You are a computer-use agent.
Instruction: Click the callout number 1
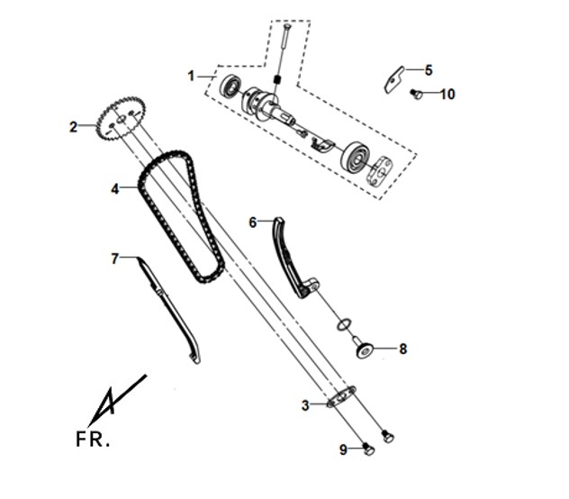[191, 77]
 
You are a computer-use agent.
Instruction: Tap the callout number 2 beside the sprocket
[73, 127]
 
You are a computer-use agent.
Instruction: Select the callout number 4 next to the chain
[114, 189]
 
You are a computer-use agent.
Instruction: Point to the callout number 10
[447, 95]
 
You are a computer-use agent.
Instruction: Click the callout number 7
[114, 259]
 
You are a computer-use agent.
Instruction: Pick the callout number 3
[305, 405]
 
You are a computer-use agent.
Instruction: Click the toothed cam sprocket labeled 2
[121, 119]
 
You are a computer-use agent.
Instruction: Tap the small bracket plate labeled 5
[393, 79]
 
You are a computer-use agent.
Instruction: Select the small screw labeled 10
[417, 95]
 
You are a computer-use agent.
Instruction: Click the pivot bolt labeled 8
[363, 349]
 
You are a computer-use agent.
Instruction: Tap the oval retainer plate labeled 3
[341, 396]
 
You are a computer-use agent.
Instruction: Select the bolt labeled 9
[368, 449]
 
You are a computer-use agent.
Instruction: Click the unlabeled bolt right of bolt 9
[388, 436]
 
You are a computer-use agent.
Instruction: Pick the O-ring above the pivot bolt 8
[344, 324]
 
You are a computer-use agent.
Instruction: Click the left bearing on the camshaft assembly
[230, 88]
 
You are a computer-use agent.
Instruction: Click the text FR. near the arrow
[93, 439]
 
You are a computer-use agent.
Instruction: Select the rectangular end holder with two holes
[380, 171]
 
